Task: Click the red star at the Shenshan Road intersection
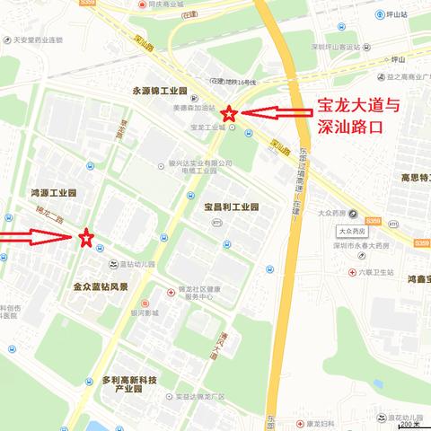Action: (x=230, y=114)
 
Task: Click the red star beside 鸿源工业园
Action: (x=85, y=237)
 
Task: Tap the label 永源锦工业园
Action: (x=171, y=92)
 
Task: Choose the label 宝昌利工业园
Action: (x=231, y=206)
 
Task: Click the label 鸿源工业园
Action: (x=54, y=193)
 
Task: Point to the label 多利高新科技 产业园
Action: (x=129, y=386)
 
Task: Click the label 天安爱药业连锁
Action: (x=38, y=40)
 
